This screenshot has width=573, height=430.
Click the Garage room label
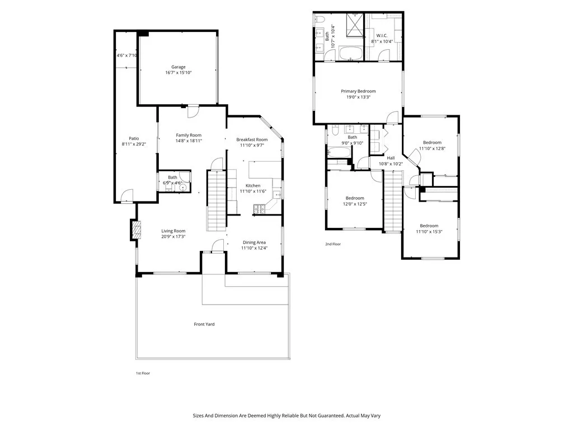tap(178, 67)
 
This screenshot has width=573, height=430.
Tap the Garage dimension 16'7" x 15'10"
tap(178, 73)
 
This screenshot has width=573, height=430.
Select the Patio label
tap(134, 138)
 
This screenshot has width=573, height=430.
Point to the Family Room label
tap(189, 135)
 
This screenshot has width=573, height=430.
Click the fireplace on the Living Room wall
tap(135, 230)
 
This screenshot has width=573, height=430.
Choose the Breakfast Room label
tap(252, 139)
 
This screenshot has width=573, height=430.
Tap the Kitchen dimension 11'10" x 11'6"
tap(253, 191)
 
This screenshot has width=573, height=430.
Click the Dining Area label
tap(254, 242)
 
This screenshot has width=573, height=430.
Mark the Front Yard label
tap(204, 324)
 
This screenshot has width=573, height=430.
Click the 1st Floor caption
tap(143, 373)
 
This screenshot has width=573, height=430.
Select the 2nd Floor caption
tap(333, 244)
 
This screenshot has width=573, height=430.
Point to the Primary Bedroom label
tap(358, 91)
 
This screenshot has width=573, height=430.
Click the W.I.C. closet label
tap(383, 36)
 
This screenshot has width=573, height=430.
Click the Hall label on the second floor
tap(391, 158)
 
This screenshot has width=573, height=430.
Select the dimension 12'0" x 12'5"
tap(355, 204)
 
